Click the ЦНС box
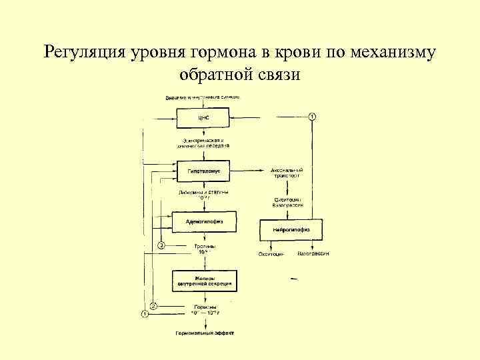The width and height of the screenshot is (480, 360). pyautogui.click(x=203, y=119)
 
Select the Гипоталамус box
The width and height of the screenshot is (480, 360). pyautogui.click(x=203, y=171)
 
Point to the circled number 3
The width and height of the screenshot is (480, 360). pyautogui.click(x=160, y=247)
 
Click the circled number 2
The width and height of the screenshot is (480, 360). pyautogui.click(x=153, y=306)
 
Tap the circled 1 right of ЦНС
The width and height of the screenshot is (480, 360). pyautogui.click(x=311, y=117)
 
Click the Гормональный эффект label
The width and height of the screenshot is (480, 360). pyautogui.click(x=205, y=332)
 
